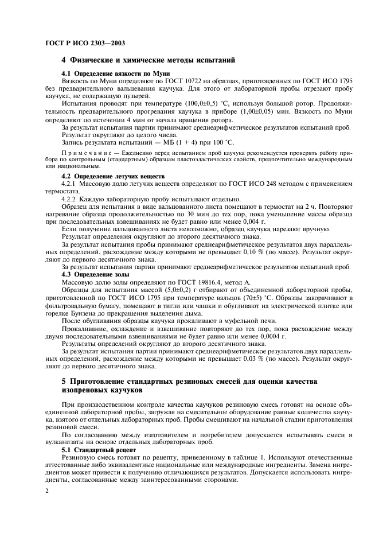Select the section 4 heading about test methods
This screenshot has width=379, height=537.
pyautogui.click(x=148, y=60)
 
